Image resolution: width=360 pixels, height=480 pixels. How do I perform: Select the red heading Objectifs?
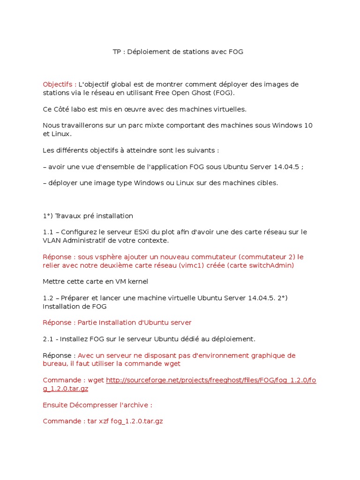click(x=58, y=84)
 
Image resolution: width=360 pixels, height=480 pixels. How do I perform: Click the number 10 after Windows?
click(x=308, y=126)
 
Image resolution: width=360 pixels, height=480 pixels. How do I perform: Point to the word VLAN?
click(x=52, y=240)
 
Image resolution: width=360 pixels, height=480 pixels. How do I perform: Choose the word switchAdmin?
click(x=274, y=265)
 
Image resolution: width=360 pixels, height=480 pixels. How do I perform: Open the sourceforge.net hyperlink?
click(x=211, y=380)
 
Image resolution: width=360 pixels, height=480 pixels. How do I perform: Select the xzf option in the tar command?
click(x=103, y=421)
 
